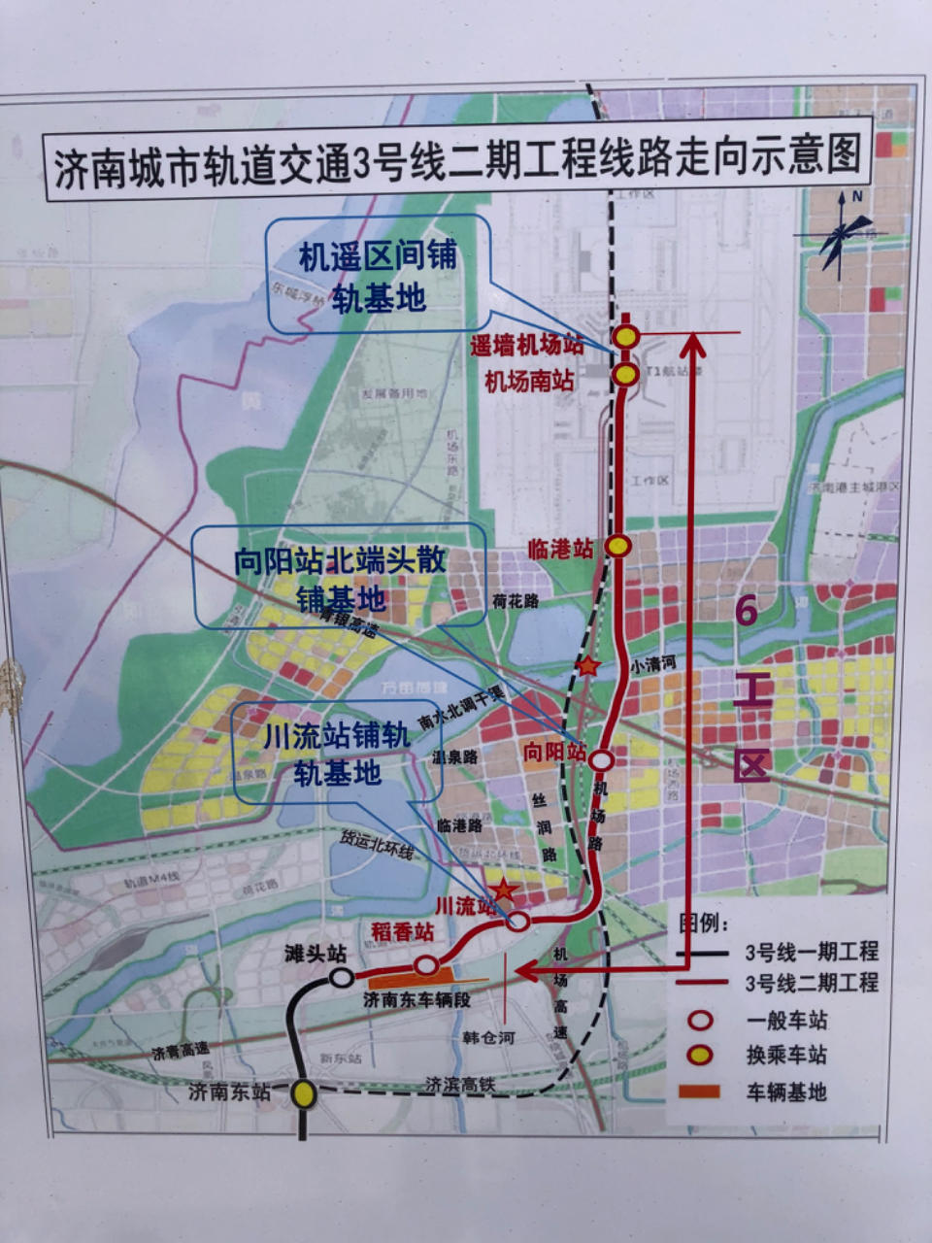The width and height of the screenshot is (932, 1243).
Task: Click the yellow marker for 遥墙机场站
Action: tap(627, 336)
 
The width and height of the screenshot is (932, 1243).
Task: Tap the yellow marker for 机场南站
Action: tap(626, 375)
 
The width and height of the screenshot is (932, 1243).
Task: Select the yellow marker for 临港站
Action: tap(618, 546)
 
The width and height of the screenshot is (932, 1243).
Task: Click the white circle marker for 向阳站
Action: tap(602, 759)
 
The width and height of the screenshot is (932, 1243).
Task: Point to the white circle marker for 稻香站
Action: tap(426, 965)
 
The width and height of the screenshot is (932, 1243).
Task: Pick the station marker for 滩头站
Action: tap(342, 977)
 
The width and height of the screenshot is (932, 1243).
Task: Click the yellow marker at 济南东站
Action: tap(305, 1094)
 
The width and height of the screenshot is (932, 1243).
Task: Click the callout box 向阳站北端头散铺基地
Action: tap(340, 577)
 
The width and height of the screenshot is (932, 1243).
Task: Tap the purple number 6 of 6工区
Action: tap(747, 611)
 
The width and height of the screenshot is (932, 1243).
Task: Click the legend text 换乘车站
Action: tap(787, 1056)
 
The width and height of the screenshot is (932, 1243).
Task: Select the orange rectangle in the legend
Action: tap(699, 1092)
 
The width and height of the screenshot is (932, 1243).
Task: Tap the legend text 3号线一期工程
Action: tap(812, 952)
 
